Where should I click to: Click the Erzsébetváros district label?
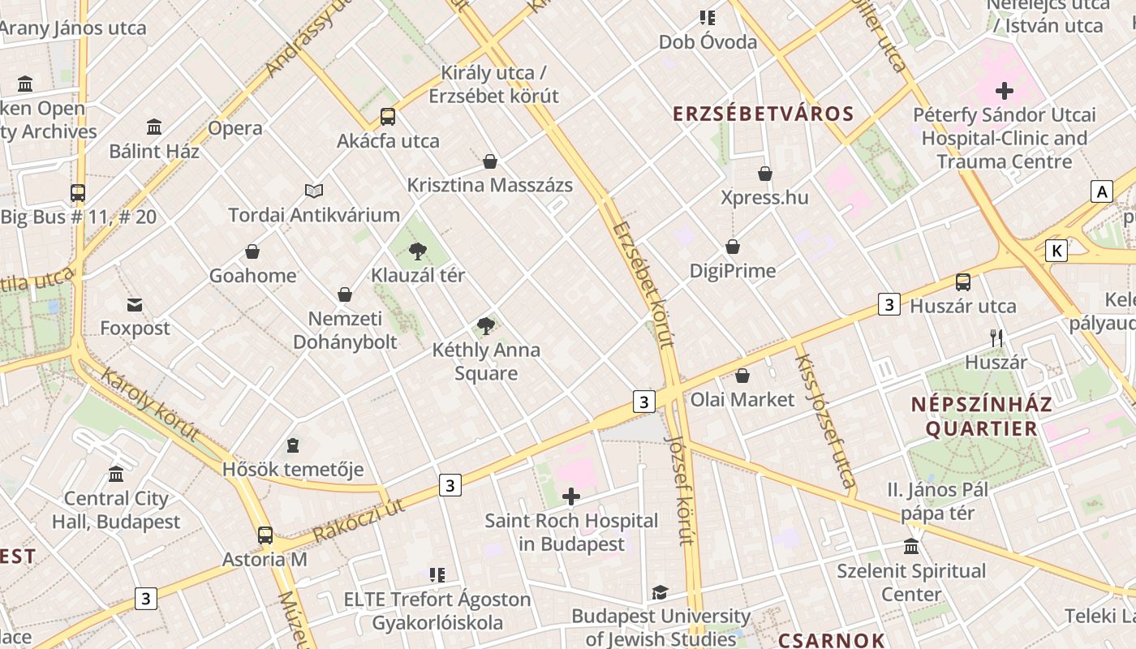764,114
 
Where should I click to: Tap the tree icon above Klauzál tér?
418,251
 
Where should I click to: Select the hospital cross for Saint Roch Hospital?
571,496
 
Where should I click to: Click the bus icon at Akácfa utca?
388,116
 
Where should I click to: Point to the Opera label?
235,128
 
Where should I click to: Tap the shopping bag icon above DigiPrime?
733,247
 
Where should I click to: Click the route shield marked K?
1056,251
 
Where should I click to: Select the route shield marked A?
1101,191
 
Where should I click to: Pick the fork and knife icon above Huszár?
996,337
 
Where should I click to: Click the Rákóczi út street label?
358,520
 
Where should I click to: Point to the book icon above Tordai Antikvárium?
314,191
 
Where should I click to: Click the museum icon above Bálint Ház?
154,127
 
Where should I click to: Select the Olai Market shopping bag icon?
742,376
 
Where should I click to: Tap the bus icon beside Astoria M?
265,535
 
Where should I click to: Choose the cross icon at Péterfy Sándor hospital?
1005,90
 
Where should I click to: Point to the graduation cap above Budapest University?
661,593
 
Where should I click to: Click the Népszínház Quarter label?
981,416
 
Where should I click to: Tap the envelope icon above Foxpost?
135,305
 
